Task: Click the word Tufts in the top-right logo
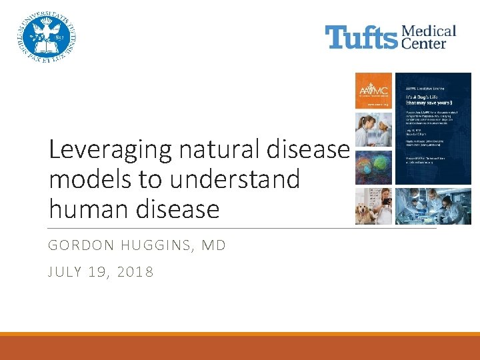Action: click(361, 37)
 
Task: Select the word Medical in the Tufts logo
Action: click(429, 31)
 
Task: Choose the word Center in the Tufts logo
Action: click(427, 43)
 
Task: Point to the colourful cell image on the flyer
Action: click(373, 167)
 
